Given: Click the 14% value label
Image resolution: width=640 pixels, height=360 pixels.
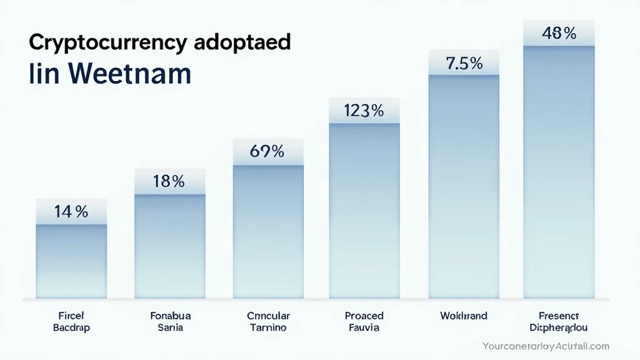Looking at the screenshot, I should point(71,212).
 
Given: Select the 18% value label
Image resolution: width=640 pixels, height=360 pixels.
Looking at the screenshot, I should point(169,181).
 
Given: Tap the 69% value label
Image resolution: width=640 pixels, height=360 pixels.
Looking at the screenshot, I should point(267,151).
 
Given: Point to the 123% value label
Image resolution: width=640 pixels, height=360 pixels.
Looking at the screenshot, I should point(364,111).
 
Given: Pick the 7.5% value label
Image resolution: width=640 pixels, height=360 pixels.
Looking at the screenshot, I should point(463,64).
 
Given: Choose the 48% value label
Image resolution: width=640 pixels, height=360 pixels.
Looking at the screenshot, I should point(559,34).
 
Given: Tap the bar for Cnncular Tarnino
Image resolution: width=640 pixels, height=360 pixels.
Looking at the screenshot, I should point(267,231).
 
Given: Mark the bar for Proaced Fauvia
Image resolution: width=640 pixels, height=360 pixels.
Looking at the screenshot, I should point(364,210).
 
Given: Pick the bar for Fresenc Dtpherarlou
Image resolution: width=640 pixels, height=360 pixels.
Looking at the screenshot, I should point(559,172).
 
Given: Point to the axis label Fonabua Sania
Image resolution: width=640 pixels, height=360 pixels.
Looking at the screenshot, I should point(169,321).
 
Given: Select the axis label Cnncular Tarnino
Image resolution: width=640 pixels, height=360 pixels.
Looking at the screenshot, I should point(267,321).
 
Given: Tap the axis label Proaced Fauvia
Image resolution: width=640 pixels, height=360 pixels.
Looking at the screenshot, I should point(364,321).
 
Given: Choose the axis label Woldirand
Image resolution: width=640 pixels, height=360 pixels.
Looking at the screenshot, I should point(463,316).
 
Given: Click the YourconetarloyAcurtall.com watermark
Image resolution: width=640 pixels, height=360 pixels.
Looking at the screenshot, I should point(546,346).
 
